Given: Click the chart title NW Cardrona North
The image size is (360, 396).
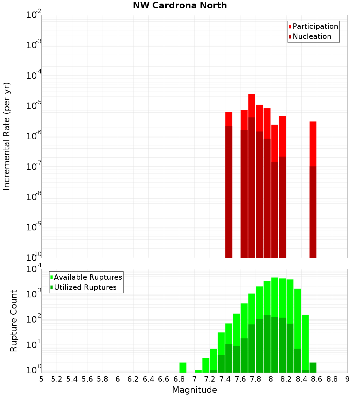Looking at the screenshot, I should [x=180, y=5].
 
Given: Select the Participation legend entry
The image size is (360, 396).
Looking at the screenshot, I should [x=315, y=26].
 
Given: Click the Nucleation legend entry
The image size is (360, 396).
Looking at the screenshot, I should [x=311, y=36].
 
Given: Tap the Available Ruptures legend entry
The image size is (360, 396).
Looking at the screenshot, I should [x=87, y=277].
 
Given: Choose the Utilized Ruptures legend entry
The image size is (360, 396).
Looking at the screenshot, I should [x=85, y=287].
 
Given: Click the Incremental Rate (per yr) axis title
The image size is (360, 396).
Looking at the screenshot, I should [x=7, y=136].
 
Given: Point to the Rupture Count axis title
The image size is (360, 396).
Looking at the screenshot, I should [x=14, y=321].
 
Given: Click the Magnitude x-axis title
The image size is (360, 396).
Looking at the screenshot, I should [x=194, y=390].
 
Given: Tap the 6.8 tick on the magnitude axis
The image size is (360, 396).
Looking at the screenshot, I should [x=179, y=379].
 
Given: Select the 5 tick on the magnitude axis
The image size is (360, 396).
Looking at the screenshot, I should [x=41, y=379].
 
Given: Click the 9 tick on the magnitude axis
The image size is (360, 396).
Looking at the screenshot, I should [x=347, y=379].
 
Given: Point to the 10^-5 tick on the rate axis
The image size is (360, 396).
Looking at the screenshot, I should [x=33, y=106].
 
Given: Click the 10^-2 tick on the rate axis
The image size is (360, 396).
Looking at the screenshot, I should [x=33, y=15].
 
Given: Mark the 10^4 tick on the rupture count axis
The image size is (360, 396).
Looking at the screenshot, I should [x=33, y=269].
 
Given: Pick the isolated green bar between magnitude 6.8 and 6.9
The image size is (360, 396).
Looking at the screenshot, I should [x=183, y=367].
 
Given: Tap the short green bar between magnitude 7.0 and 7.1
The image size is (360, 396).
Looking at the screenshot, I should [x=198, y=371].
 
